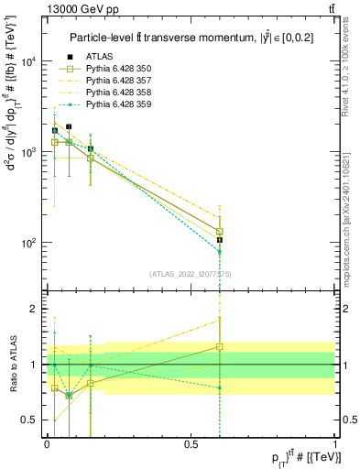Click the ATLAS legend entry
(x=99, y=57)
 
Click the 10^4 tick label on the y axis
(x=29, y=62)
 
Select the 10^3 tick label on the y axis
(x=29, y=153)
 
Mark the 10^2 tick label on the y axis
(x=29, y=244)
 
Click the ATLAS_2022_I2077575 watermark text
(x=191, y=273)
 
